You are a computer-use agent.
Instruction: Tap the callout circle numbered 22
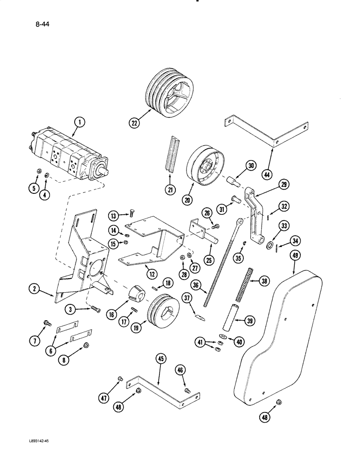[x=135, y=123]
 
